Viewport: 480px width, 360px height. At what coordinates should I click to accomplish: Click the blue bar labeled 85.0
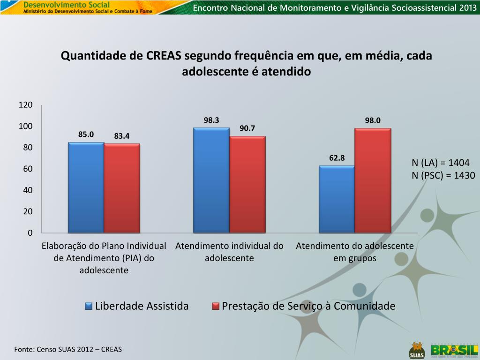[x=86, y=187]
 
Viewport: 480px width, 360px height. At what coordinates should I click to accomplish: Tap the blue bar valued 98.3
[x=211, y=180]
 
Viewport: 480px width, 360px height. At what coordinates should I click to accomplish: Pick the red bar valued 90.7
[x=247, y=185]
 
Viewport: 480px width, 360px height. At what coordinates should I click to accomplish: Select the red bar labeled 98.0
[x=373, y=180]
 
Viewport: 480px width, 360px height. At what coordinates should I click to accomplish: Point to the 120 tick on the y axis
[x=26, y=105]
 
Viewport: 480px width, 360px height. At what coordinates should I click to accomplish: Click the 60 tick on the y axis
[x=28, y=169]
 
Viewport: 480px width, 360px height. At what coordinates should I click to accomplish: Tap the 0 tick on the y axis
[x=30, y=233]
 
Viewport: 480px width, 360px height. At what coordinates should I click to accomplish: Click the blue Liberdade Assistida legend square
[x=89, y=307]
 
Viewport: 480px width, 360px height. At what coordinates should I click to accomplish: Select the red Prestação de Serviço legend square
[x=216, y=307]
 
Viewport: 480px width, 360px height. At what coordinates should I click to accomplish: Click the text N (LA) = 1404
[x=440, y=163]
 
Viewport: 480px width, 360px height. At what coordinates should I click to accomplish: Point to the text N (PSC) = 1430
[x=443, y=175]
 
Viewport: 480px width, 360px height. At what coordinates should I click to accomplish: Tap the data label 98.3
[x=211, y=120]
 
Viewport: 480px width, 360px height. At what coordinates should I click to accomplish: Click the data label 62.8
[x=337, y=158]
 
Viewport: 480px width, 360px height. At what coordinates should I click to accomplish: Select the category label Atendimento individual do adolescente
[x=229, y=252]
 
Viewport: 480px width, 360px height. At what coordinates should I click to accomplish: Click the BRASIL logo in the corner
[x=452, y=350]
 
